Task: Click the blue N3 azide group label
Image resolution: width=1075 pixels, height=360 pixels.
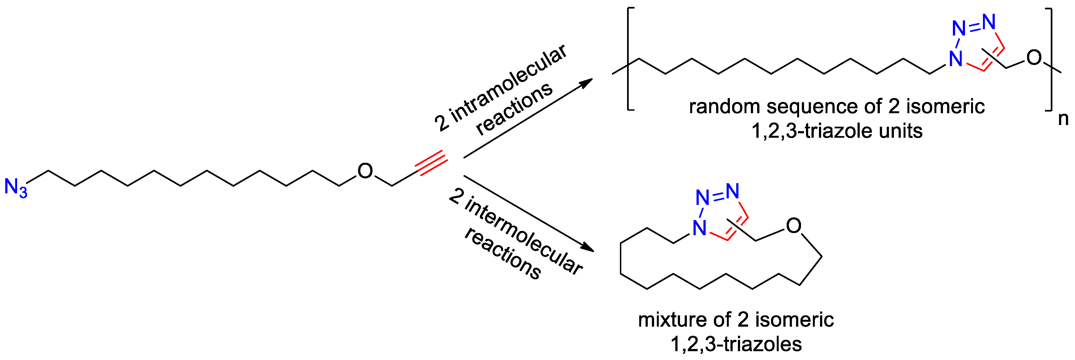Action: (15, 187)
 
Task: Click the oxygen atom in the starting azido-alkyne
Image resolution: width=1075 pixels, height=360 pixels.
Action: (365, 171)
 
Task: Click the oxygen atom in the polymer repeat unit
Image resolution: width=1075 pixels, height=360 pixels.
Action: (1034, 58)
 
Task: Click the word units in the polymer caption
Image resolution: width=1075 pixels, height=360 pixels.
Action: (901, 131)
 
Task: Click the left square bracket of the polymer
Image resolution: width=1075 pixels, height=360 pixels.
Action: (629, 65)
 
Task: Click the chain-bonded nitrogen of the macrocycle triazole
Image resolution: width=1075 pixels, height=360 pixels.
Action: (699, 228)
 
